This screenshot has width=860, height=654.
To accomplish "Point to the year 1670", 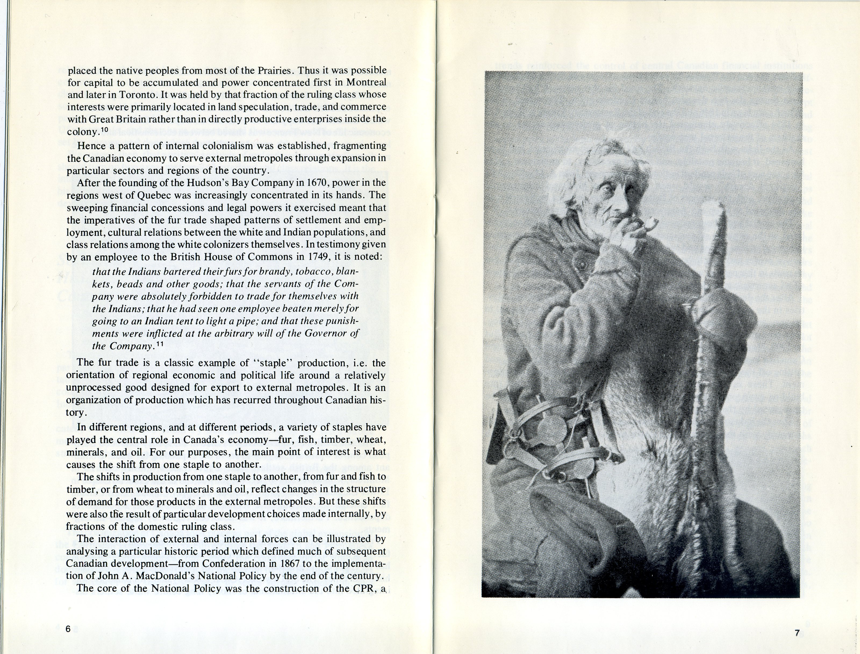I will coord(318,183).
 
